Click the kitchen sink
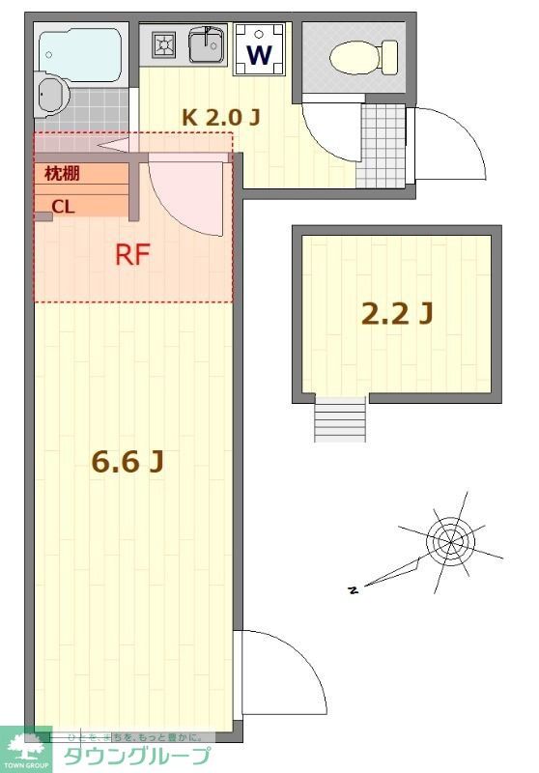pyautogui.click(x=205, y=43)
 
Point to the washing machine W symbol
pyautogui.click(x=259, y=54)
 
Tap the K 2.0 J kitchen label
pyautogui.click(x=221, y=117)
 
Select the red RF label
pyautogui.click(x=132, y=255)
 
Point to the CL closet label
pyautogui.click(x=62, y=206)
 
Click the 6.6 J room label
pyautogui.click(x=127, y=462)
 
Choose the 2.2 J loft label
pyautogui.click(x=396, y=313)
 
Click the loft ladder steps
pyautogui.click(x=340, y=418)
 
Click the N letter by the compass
pyautogui.click(x=354, y=588)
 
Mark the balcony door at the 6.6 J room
pyautogui.click(x=285, y=676)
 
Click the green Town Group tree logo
pyautogui.click(x=25, y=750)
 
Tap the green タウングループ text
pyautogui.click(x=135, y=757)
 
